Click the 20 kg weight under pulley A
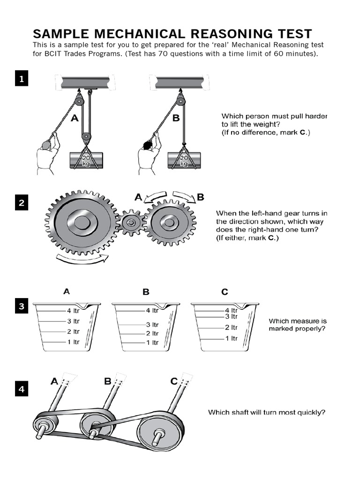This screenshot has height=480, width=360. (x=87, y=161)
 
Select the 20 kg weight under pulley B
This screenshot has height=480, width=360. (x=184, y=161)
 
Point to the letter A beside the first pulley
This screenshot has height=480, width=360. (x=75, y=119)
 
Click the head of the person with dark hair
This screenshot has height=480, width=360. (x=147, y=145)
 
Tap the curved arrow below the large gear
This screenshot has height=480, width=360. (x=82, y=257)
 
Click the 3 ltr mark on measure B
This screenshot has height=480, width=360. (x=151, y=324)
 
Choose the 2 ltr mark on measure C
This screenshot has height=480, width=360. (x=230, y=327)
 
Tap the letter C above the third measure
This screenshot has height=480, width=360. (x=225, y=292)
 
